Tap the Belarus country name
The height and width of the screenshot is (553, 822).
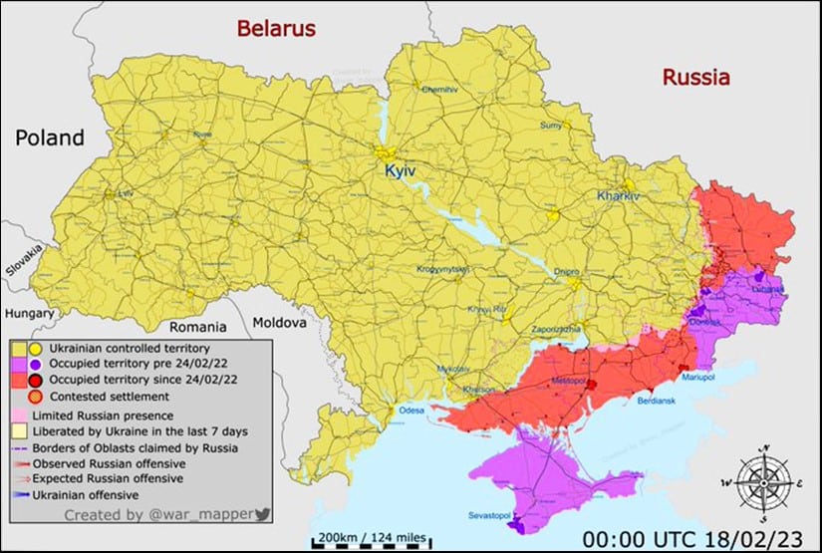pos(276,28)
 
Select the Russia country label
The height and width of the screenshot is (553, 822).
pos(696,77)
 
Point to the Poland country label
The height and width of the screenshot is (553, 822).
pos(49,138)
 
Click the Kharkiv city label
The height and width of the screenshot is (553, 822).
pos(618,196)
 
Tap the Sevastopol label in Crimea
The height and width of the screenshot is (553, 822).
pos(490,515)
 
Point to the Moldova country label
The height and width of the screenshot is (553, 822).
pos(278,324)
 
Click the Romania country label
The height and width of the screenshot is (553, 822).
pos(199,326)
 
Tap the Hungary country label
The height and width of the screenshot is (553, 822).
pos(29,313)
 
